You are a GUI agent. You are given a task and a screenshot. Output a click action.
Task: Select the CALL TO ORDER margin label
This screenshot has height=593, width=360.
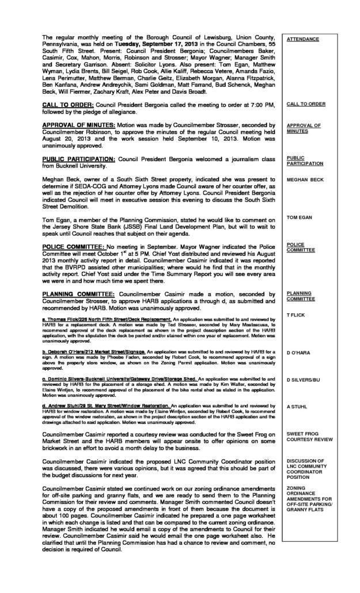tap(306, 104)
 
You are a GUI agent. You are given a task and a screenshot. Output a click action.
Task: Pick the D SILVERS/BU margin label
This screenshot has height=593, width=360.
tap(304, 380)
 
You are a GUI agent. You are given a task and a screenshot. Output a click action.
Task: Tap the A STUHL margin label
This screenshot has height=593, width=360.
tap(297, 405)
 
